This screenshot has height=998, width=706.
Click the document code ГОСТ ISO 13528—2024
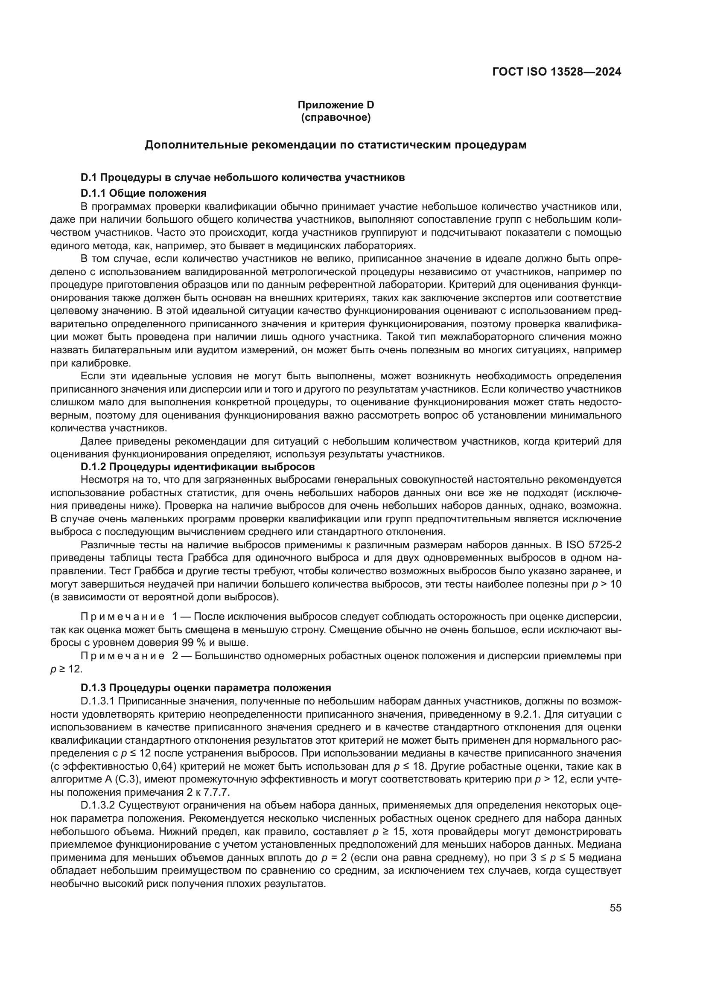click(x=557, y=72)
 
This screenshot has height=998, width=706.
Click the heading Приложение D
click(x=335, y=105)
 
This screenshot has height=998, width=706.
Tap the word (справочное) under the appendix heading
click(x=335, y=117)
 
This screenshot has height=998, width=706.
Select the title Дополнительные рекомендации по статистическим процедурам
click(x=335, y=145)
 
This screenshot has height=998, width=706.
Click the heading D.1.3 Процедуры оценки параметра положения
click(x=206, y=688)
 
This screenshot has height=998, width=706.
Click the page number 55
click(x=615, y=908)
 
